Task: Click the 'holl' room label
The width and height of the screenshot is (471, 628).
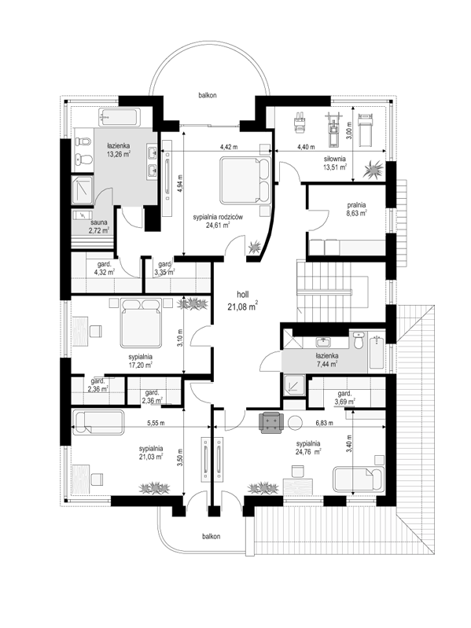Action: (243, 295)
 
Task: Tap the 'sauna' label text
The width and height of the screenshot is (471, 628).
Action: (98, 222)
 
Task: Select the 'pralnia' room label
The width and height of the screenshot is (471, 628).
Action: (356, 205)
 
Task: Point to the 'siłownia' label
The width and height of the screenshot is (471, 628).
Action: (334, 159)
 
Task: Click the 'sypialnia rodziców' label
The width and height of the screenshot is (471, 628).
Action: (219, 217)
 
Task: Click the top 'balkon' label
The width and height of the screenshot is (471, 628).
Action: (208, 95)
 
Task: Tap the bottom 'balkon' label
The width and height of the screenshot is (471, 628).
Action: (211, 536)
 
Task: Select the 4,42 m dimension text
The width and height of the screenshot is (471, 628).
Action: (229, 147)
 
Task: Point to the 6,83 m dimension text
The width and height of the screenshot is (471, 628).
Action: (325, 423)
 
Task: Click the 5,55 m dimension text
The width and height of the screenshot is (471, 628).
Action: (156, 423)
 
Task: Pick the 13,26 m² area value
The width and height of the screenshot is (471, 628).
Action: (118, 154)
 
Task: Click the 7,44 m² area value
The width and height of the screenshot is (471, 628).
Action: (326, 364)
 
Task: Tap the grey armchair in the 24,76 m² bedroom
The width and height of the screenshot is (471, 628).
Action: (272, 424)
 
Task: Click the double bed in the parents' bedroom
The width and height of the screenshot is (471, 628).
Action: (245, 181)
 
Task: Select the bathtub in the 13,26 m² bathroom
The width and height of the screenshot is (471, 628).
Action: (119, 117)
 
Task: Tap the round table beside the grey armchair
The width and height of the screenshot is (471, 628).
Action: (296, 423)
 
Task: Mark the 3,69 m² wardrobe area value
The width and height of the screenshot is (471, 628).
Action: (345, 401)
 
